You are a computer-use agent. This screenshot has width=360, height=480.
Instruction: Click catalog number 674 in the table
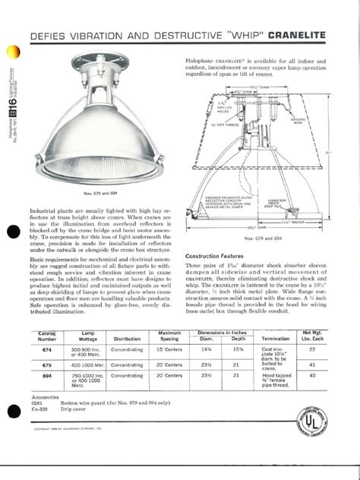tap(47, 350)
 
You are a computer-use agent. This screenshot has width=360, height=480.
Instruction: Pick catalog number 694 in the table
tap(47, 375)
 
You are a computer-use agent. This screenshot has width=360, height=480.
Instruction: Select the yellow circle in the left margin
tap(11, 54)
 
